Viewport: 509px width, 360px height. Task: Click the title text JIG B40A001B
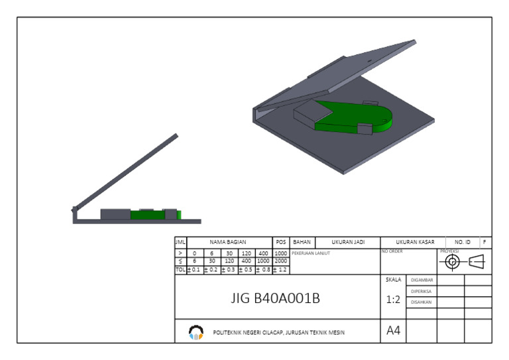coord(275,298)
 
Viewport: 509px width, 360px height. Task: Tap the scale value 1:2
coord(393,300)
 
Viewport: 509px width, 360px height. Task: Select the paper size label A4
coord(393,330)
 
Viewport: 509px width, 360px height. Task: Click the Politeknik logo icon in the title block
coord(196,331)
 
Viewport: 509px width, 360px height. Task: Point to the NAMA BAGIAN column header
coord(228,243)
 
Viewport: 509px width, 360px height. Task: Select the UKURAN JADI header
coord(347,243)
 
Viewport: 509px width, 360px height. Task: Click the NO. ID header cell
coord(463,243)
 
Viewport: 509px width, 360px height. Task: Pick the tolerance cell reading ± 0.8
coord(263,270)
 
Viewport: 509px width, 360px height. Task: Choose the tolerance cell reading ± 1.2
coord(280,270)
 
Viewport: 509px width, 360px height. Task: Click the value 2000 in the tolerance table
coord(280,261)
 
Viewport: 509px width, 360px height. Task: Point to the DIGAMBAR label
coord(422,280)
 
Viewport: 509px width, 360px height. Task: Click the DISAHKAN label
coord(422,302)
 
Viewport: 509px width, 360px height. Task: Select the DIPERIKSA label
coord(422,291)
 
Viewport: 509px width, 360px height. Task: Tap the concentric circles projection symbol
coord(453,262)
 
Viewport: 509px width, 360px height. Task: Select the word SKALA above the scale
coord(393,280)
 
